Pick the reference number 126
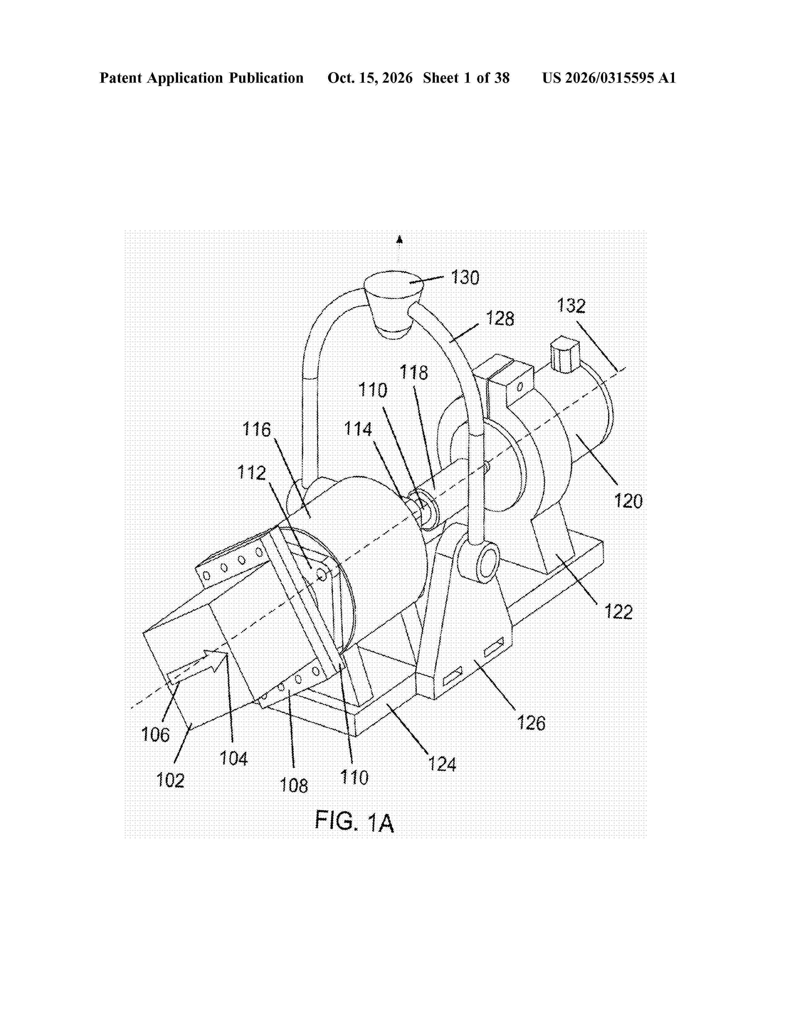click(531, 723)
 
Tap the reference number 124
click(442, 764)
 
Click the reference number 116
click(256, 429)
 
